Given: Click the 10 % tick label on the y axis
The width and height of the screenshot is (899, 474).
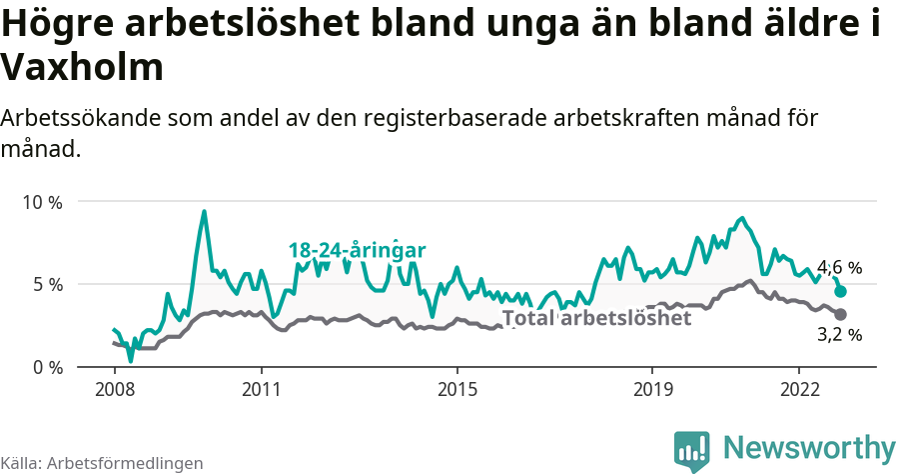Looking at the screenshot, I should click(41, 202).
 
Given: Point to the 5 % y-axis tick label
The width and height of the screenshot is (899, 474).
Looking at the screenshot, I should click(46, 285).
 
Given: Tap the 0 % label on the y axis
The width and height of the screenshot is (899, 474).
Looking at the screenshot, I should click(46, 367).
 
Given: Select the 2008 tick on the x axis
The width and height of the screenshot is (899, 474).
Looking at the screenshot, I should click(114, 388).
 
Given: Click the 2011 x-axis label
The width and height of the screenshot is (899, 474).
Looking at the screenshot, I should click(261, 388).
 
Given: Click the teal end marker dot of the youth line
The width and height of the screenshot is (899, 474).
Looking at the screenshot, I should click(841, 291).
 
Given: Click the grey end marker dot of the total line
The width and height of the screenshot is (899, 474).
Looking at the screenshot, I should click(841, 314).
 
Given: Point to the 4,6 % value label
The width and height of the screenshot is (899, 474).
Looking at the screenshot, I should click(839, 268).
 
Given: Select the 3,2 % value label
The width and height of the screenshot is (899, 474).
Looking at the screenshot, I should click(839, 335).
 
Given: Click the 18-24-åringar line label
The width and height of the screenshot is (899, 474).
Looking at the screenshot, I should click(358, 250).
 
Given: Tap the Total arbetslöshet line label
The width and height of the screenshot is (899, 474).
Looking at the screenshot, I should click(596, 318).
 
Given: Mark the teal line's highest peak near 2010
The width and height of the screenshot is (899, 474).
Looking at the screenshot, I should click(204, 212).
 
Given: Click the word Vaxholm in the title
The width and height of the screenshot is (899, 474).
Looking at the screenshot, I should click(82, 68).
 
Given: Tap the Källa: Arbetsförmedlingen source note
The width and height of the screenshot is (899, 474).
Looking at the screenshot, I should click(102, 463).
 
